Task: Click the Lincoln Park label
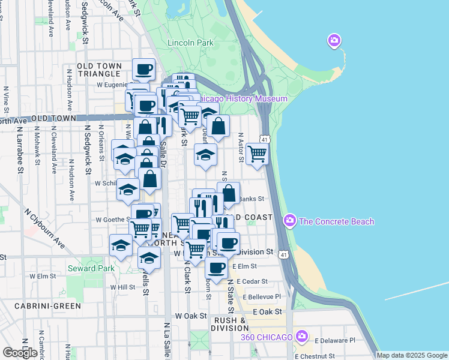click(x=190, y=43)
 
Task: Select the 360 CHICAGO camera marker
click(x=303, y=336)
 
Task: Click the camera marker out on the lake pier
click(x=334, y=41)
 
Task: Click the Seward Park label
click(x=91, y=268)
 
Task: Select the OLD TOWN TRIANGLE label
click(x=101, y=70)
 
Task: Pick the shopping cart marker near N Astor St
click(x=257, y=153)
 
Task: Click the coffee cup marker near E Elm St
click(x=217, y=268)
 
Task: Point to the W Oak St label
click(x=190, y=316)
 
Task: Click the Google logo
click(x=20, y=352)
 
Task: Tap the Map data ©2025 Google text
click(x=412, y=355)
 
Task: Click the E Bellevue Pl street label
click(x=259, y=296)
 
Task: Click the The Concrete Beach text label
click(x=336, y=221)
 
